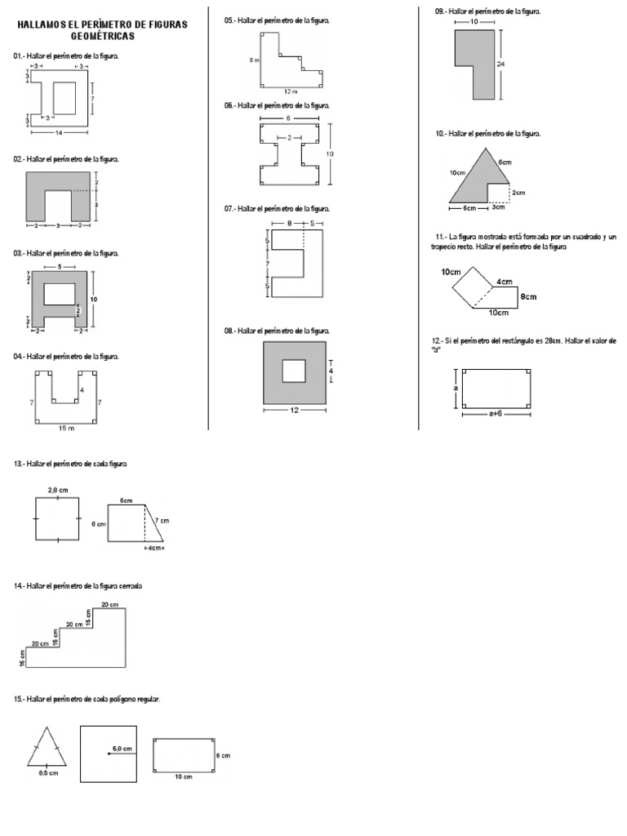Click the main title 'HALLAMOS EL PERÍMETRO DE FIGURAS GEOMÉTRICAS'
coord(102,30)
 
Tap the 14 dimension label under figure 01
coord(58,131)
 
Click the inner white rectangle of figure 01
coord(65,98)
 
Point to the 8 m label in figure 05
coord(253,60)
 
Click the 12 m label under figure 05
coord(291,91)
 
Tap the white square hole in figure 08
coord(294,371)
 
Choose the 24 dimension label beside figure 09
coord(500,62)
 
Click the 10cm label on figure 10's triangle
coord(456,173)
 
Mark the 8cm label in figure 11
coord(528,296)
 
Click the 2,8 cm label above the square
coord(57,489)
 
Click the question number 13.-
coord(19,464)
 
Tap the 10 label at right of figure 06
coord(331,153)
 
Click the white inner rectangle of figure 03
coord(60,292)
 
